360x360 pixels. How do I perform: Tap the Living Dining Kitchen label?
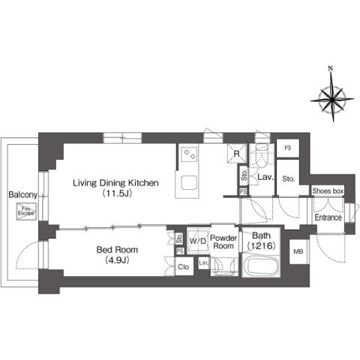click(115, 181)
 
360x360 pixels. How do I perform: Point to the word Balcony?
click(22, 195)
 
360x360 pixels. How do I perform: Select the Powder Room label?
click(223, 241)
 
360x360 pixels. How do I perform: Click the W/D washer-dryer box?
click(197, 240)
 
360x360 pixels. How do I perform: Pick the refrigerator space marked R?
click(236, 155)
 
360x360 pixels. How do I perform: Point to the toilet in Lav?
click(261, 158)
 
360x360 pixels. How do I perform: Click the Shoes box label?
click(328, 192)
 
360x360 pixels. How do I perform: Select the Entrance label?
click(328, 217)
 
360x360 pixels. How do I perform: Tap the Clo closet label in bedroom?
click(183, 265)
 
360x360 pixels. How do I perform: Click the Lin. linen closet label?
click(203, 263)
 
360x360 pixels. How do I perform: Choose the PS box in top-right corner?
click(288, 147)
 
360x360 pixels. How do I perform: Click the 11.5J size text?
click(115, 193)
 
